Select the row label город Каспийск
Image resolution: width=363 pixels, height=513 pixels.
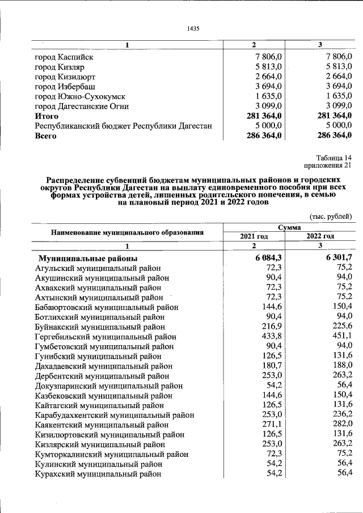64,57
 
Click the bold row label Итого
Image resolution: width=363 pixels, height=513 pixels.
47,116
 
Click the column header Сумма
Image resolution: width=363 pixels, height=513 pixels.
289,227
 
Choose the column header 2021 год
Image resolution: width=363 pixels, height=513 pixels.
254,236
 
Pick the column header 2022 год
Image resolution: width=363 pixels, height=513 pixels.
320,236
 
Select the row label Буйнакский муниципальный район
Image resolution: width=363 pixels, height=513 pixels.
100,327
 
